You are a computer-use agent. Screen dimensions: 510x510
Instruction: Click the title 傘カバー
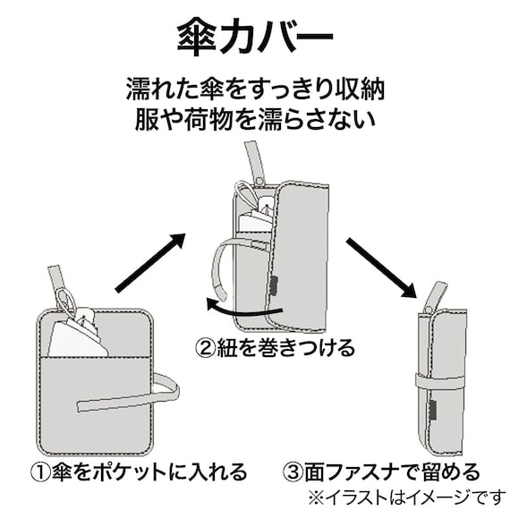pos(255,38)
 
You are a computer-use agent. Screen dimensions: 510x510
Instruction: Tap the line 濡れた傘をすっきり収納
pos(255,90)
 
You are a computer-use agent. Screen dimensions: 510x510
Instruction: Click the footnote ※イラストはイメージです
pos(406,495)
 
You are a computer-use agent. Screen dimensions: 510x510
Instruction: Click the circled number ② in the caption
pos(208,346)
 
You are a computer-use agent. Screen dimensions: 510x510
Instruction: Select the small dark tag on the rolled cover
pos(433,410)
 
